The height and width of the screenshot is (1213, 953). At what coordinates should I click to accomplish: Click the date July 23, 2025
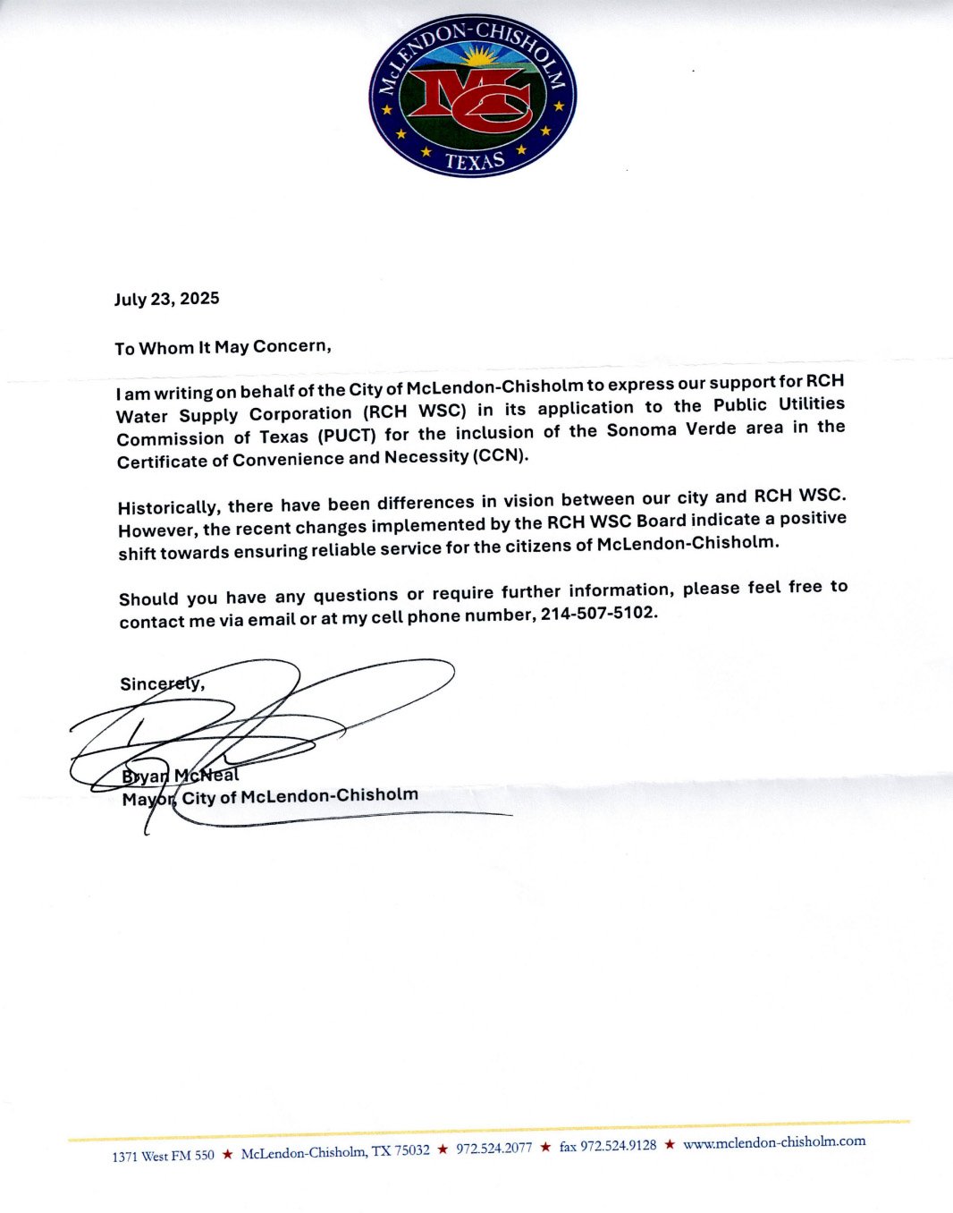point(166,299)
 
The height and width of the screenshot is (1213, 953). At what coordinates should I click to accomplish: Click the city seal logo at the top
point(472,95)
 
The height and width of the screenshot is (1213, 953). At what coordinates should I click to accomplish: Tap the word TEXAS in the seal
point(475,161)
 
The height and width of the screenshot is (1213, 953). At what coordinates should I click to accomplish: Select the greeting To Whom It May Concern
point(223,347)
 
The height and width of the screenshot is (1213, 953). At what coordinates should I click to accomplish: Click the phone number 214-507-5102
point(598,614)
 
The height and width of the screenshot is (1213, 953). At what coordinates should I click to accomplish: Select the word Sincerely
point(162,683)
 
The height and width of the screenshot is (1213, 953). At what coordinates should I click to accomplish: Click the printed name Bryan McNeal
point(180,775)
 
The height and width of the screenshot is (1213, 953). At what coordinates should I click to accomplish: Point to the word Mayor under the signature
point(148,798)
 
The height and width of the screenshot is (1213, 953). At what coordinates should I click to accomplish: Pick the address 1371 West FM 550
point(163,1156)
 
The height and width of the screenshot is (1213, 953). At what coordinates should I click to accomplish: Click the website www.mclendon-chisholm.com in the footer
point(774,1142)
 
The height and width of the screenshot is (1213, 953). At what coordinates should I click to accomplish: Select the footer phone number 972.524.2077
point(493,1149)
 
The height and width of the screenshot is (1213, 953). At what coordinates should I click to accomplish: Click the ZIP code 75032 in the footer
point(412,1150)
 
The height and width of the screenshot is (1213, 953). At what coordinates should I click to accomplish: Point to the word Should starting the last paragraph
point(148,598)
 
